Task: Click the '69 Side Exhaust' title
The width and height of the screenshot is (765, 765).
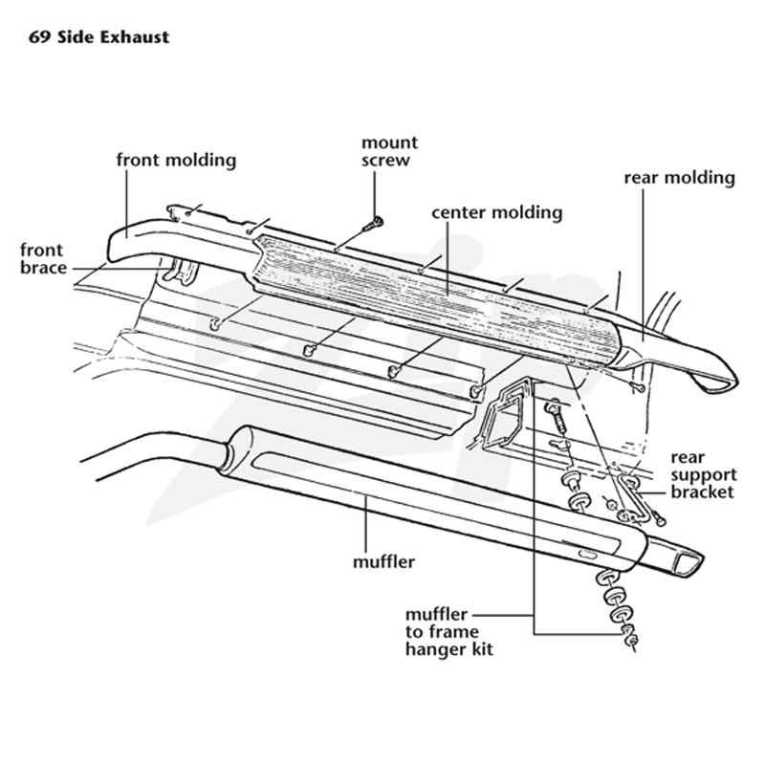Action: pyautogui.click(x=99, y=37)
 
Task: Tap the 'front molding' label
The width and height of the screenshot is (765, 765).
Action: pyautogui.click(x=176, y=160)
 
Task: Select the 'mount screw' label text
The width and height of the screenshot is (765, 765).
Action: pyautogui.click(x=389, y=151)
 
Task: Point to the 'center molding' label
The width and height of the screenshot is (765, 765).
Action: pyautogui.click(x=496, y=212)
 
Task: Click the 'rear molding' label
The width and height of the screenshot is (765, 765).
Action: pyautogui.click(x=679, y=178)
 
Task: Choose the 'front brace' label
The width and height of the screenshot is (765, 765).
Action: pyautogui.click(x=43, y=258)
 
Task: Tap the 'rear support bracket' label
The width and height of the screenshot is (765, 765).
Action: pyautogui.click(x=704, y=474)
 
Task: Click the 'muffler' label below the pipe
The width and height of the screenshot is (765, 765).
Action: pyautogui.click(x=383, y=562)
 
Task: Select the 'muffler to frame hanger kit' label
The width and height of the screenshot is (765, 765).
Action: pyautogui.click(x=448, y=632)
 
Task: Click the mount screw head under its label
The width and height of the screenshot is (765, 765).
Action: pyautogui.click(x=376, y=224)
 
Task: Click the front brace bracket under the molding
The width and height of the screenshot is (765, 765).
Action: pyautogui.click(x=180, y=272)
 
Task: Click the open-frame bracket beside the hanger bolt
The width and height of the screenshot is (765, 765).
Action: pyautogui.click(x=503, y=414)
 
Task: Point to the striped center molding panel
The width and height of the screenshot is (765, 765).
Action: pyautogui.click(x=439, y=297)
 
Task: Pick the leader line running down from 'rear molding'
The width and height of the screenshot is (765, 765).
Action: pyautogui.click(x=643, y=265)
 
